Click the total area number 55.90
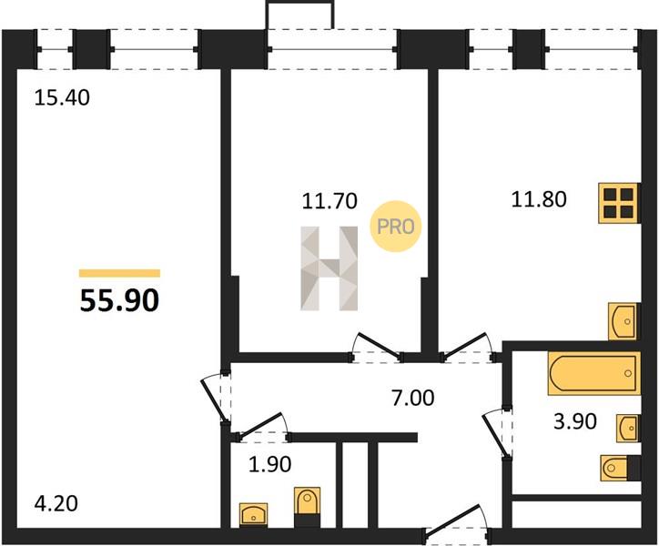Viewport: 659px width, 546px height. [120, 301]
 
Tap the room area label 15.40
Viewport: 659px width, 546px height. [62, 98]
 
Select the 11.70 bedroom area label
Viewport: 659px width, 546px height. [329, 201]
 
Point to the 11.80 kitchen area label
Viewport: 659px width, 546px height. [539, 199]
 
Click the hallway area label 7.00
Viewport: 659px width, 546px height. [412, 398]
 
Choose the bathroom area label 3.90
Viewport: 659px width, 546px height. [575, 421]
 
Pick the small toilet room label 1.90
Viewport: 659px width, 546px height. [269, 464]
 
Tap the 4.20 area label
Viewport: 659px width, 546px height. [56, 503]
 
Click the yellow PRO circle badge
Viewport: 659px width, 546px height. [395, 227]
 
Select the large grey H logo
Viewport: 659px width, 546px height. [329, 268]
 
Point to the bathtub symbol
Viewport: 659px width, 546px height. [593, 373]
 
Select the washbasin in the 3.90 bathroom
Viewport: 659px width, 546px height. [628, 428]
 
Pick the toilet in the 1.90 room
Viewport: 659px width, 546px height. [308, 507]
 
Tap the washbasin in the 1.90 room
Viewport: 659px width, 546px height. [253, 514]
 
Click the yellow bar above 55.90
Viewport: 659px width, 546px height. [120, 274]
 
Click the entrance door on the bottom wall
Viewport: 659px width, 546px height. [457, 522]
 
